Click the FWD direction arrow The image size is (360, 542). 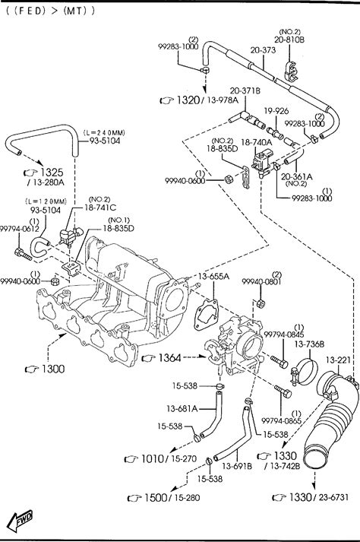[x=20, y=521]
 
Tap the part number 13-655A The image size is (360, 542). [x=213, y=276]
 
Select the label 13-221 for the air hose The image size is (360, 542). [x=338, y=360]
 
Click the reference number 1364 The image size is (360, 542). [x=169, y=358]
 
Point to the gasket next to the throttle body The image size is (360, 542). [x=207, y=315]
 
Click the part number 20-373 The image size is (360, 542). [x=263, y=50]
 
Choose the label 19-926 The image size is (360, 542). [x=276, y=111]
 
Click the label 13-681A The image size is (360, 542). [x=182, y=409]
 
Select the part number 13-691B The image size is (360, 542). [x=237, y=466]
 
